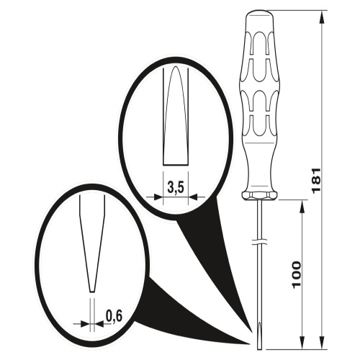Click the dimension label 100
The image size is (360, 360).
point(297,274)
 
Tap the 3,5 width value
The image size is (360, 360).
point(176,186)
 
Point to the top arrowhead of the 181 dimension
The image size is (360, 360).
point(322,17)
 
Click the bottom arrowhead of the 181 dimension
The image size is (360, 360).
point(322,343)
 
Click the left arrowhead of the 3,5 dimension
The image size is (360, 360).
point(157,197)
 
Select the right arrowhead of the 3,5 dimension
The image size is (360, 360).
point(194,197)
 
